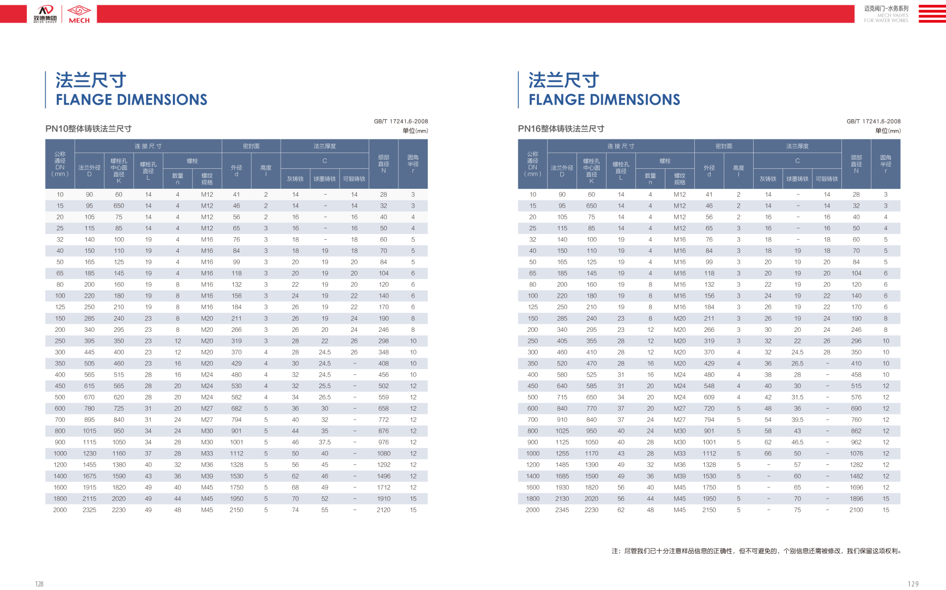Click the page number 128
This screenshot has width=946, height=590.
[x=39, y=584]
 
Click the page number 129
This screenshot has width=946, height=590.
[x=913, y=584]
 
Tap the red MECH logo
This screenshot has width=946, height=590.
[x=79, y=14]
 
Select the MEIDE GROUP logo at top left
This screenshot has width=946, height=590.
[x=45, y=14]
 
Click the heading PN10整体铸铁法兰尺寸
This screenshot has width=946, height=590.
[x=88, y=129]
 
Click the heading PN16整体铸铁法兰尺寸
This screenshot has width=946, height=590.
[x=561, y=129]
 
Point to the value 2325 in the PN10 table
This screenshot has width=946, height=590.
[x=89, y=510]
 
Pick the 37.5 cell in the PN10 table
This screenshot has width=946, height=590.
[x=325, y=442]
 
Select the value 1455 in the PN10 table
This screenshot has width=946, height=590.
[x=89, y=465]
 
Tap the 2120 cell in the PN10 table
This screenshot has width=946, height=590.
[x=384, y=510]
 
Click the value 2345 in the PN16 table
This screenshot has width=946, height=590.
[x=562, y=510]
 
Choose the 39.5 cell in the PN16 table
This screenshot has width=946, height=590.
[x=797, y=420]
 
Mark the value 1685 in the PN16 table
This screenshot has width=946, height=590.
[x=562, y=476]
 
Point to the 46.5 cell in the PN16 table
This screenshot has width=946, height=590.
[x=797, y=442]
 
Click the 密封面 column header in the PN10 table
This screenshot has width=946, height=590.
[x=251, y=146]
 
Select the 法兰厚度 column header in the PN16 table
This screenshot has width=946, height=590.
[x=797, y=146]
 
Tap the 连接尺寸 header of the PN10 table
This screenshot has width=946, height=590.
[x=148, y=146]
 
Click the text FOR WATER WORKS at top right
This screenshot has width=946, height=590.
[x=886, y=21]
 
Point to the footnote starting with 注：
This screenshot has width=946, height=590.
[x=757, y=551]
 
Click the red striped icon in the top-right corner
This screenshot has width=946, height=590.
[x=932, y=14]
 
